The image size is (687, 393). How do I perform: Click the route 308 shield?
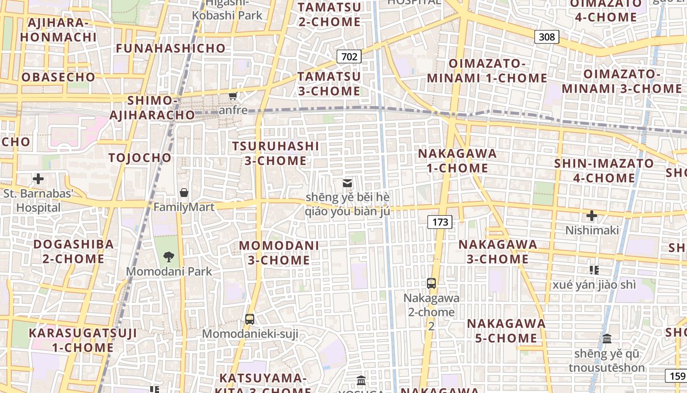point(547,37)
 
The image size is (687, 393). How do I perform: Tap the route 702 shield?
point(349,56)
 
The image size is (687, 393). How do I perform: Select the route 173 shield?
point(440,222)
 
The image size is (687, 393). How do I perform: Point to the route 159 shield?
point(676,376)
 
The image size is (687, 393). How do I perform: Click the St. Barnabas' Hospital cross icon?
point(38,179)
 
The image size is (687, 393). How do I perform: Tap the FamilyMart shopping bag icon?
point(184,192)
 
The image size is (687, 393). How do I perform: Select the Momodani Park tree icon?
point(169,256)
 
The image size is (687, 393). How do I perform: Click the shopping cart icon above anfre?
point(233,96)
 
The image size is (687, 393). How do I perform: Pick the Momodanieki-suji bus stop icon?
point(250,319)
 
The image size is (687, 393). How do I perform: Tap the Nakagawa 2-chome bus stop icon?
point(431,283)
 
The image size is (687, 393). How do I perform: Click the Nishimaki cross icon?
point(592,215)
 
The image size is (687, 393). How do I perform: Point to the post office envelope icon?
point(347,183)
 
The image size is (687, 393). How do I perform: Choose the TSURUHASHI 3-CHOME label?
point(275,153)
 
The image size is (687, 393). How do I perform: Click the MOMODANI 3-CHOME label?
point(279,253)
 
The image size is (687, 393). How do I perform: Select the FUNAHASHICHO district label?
point(171,49)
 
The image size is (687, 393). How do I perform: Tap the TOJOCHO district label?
point(140,158)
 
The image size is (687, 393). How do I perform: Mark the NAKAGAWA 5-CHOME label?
point(506,331)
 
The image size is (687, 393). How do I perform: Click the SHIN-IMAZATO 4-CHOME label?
point(604,170)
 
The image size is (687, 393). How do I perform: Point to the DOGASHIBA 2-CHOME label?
point(74,251)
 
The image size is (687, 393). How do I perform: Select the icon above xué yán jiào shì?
point(594,270)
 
